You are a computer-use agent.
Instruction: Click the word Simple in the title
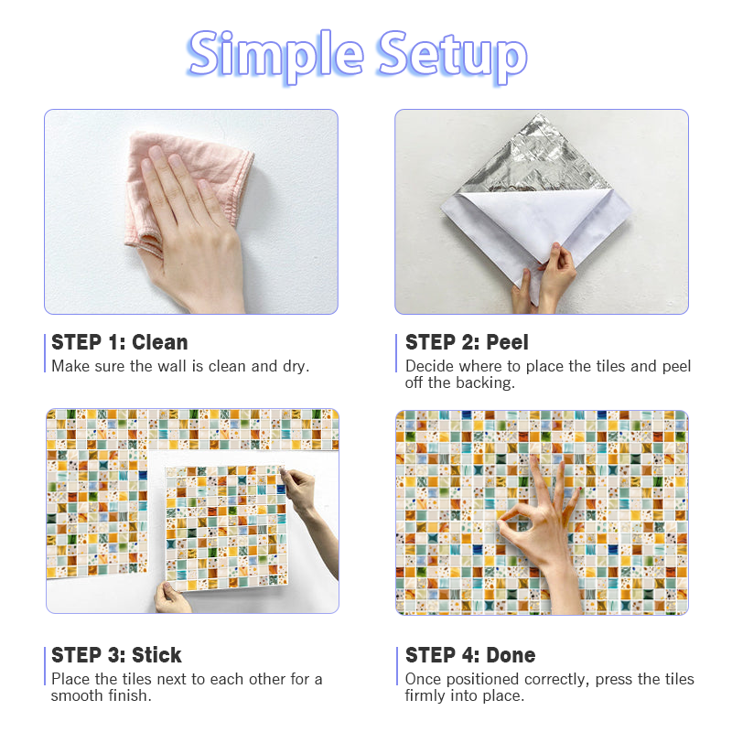coord(275,56)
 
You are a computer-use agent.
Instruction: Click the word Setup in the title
coord(453,56)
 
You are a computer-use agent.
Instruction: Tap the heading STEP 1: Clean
coord(120,342)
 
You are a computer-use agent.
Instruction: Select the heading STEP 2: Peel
coord(467,342)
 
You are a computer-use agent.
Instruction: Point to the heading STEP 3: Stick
coord(116,655)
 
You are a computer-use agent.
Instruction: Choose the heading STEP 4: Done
coord(470,655)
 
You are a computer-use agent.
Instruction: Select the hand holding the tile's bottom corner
coord(172,597)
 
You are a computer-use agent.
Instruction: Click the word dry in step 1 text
coord(296,367)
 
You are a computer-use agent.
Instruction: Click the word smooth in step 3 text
coord(78,695)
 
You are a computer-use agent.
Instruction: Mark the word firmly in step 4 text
coord(425,696)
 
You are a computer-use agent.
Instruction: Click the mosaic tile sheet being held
coord(227,528)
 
